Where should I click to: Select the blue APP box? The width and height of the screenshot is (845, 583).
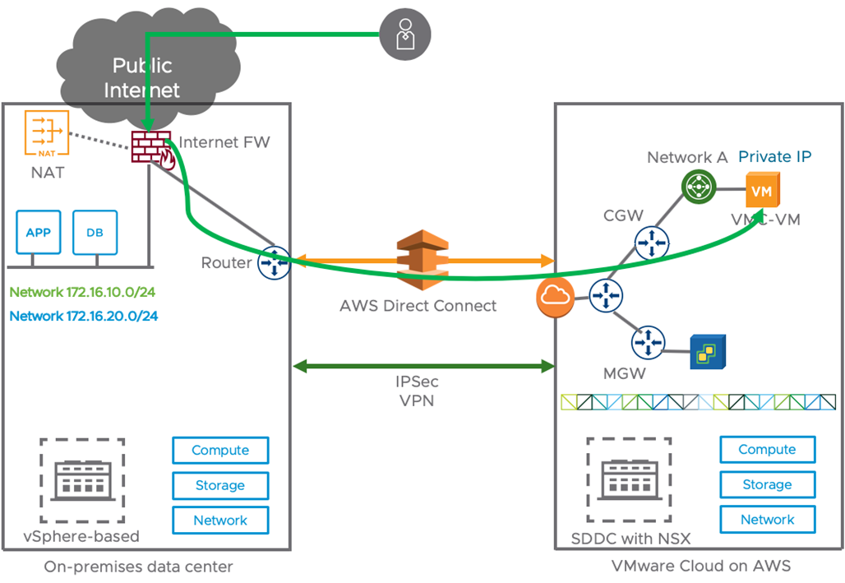click(x=38, y=233)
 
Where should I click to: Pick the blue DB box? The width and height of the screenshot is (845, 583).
click(x=95, y=233)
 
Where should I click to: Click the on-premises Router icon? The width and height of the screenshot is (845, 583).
click(x=274, y=263)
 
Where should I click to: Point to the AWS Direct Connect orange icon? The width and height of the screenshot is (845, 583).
click(x=418, y=261)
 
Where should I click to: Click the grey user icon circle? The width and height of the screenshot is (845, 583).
click(x=404, y=35)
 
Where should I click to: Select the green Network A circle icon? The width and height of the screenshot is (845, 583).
click(x=698, y=187)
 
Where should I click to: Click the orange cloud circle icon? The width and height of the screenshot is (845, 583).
click(x=554, y=298)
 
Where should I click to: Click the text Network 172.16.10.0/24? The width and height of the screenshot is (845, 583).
click(x=83, y=292)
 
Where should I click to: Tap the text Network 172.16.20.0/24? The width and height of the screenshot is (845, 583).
click(x=83, y=316)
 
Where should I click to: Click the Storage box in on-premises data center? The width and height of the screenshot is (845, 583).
click(x=219, y=485)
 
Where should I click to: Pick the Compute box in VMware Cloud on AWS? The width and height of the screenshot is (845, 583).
click(x=767, y=450)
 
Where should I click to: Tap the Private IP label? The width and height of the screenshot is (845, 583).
click(x=775, y=157)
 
